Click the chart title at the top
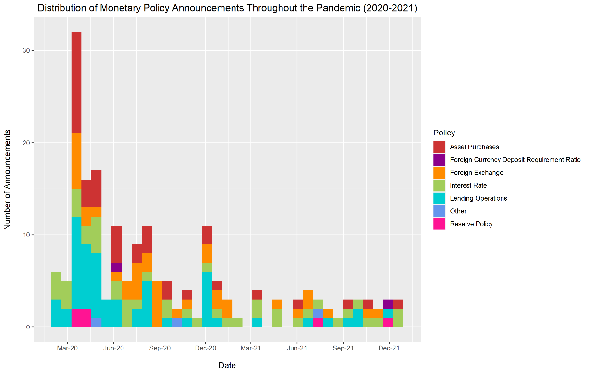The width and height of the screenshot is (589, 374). [x=227, y=9]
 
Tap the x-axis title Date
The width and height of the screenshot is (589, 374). [x=227, y=366]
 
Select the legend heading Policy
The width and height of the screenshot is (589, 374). [x=444, y=133]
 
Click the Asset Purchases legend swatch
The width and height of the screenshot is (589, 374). [x=440, y=147]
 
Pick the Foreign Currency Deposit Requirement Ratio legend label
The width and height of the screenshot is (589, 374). [x=515, y=160]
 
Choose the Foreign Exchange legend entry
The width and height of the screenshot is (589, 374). [x=477, y=173]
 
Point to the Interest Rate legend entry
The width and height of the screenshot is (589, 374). [x=468, y=185]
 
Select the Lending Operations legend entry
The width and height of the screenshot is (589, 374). [x=478, y=198]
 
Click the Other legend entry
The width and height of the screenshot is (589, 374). [x=458, y=211]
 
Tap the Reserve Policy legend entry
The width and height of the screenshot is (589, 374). [x=471, y=224]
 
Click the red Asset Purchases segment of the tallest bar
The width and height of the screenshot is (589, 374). [x=76, y=83]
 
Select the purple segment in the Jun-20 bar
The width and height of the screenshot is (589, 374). [x=116, y=267]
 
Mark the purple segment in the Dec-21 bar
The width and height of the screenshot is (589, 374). [x=388, y=304]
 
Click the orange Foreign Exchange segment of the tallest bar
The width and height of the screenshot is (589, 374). [x=76, y=161]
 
